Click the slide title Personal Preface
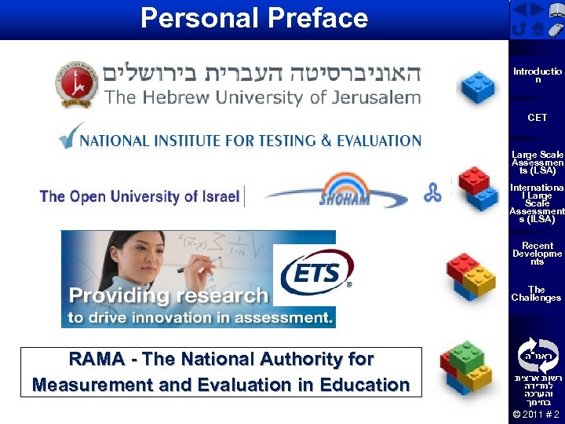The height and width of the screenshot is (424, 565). pyautogui.click(x=253, y=17)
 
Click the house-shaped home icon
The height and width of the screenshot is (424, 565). pyautogui.click(x=537, y=30)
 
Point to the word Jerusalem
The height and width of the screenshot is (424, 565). pyautogui.click(x=374, y=98)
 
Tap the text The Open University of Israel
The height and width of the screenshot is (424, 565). pyautogui.click(x=140, y=196)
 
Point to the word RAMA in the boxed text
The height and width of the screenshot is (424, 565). pyautogui.click(x=96, y=360)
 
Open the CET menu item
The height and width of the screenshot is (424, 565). pyautogui.click(x=537, y=118)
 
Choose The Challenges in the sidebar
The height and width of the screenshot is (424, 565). pyautogui.click(x=537, y=294)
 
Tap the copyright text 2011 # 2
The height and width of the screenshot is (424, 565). pyautogui.click(x=536, y=414)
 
